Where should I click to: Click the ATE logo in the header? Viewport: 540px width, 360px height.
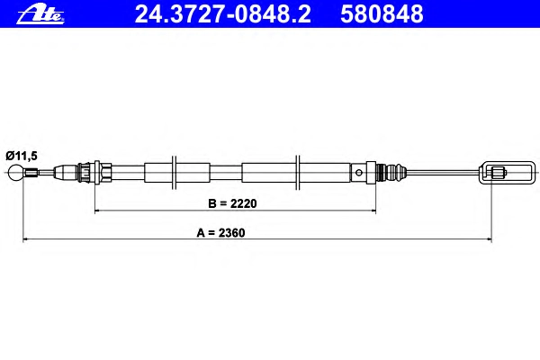coord(40,14)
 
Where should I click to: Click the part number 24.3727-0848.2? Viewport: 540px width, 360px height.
coord(223,14)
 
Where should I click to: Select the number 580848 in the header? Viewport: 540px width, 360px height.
coord(382,14)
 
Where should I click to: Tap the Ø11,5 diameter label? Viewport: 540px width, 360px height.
coord(22,156)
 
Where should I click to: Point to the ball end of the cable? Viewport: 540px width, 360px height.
coord(15,172)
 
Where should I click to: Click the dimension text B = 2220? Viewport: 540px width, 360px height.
coord(232,203)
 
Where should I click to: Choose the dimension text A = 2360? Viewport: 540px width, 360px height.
coord(220,233)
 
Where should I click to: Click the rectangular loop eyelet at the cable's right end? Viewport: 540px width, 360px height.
coord(508,173)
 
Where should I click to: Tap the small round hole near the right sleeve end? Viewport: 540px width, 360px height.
coord(359,172)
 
